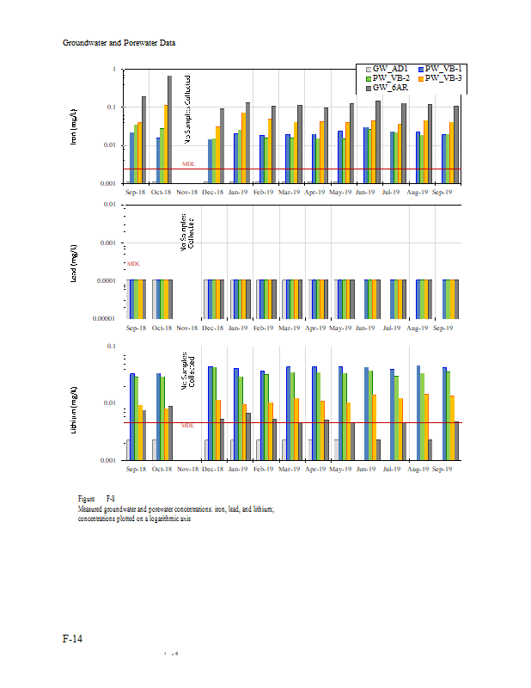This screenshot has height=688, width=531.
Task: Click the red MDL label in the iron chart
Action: click(188, 164)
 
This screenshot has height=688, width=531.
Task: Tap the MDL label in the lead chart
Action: click(133, 264)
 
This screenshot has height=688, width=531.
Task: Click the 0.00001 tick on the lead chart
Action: click(108, 319)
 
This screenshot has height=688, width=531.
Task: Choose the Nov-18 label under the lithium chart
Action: click(187, 470)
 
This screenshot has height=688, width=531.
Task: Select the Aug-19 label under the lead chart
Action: click(417, 328)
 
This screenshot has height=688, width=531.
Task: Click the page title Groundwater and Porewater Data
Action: click(119, 42)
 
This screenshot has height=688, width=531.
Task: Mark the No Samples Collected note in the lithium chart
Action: click(188, 369)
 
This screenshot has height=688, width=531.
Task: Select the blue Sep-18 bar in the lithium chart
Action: click(132, 416)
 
